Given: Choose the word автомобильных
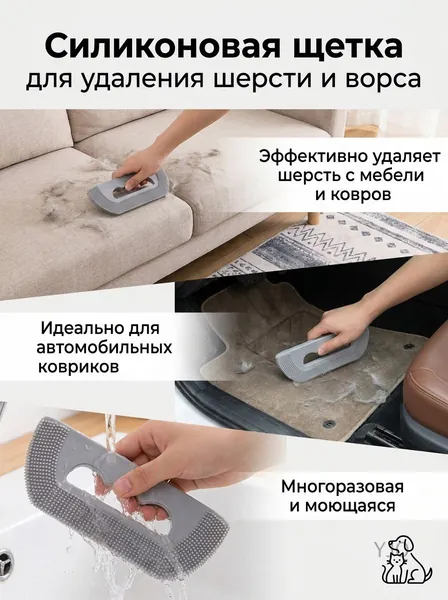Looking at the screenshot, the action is [x=104, y=348].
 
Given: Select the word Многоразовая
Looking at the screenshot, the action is [x=342, y=488].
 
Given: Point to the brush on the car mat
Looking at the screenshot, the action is [x=322, y=349].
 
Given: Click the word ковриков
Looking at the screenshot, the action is [x=78, y=367].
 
